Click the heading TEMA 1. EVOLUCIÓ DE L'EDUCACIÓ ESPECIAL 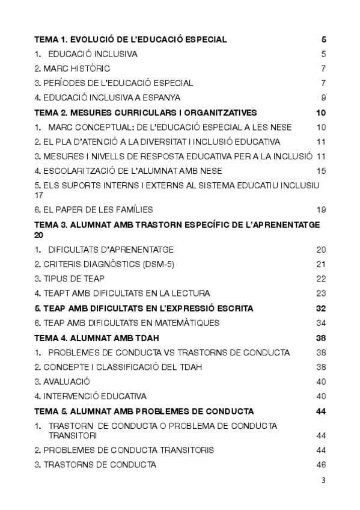point(130,40)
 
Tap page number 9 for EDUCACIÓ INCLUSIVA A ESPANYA point(323,97)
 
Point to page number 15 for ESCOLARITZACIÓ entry point(321,171)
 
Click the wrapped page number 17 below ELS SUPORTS point(39,195)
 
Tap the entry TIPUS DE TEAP point(73,278)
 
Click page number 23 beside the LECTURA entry point(321,293)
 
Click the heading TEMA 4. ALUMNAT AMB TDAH point(96,338)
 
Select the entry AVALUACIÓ point(66,381)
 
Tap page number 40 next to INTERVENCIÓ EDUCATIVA point(321,396)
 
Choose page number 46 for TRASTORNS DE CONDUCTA point(321,465)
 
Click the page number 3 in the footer point(323,480)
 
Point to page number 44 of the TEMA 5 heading point(321,411)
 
